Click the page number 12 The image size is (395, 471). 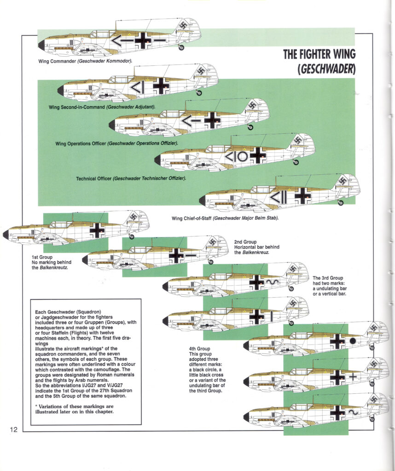click(x=13, y=430)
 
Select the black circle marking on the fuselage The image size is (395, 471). click(x=353, y=341)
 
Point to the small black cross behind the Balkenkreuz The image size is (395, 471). click(x=353, y=376)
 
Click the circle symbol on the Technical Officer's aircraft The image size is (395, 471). click(x=243, y=157)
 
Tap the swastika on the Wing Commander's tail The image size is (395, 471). click(x=189, y=27)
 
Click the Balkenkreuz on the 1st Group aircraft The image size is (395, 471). click(x=97, y=230)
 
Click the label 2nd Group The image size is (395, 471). click(x=245, y=241)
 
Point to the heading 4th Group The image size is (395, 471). click(x=199, y=349)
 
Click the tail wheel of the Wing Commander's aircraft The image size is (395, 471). click(x=181, y=47)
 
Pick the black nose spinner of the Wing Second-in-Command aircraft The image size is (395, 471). click(x=61, y=90)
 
